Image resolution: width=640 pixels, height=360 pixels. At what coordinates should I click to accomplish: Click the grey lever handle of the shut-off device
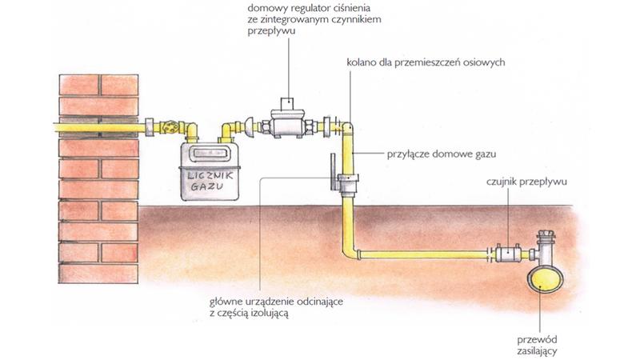click(x=330, y=171)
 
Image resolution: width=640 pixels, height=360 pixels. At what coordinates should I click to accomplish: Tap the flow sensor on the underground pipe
click(x=509, y=254)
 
